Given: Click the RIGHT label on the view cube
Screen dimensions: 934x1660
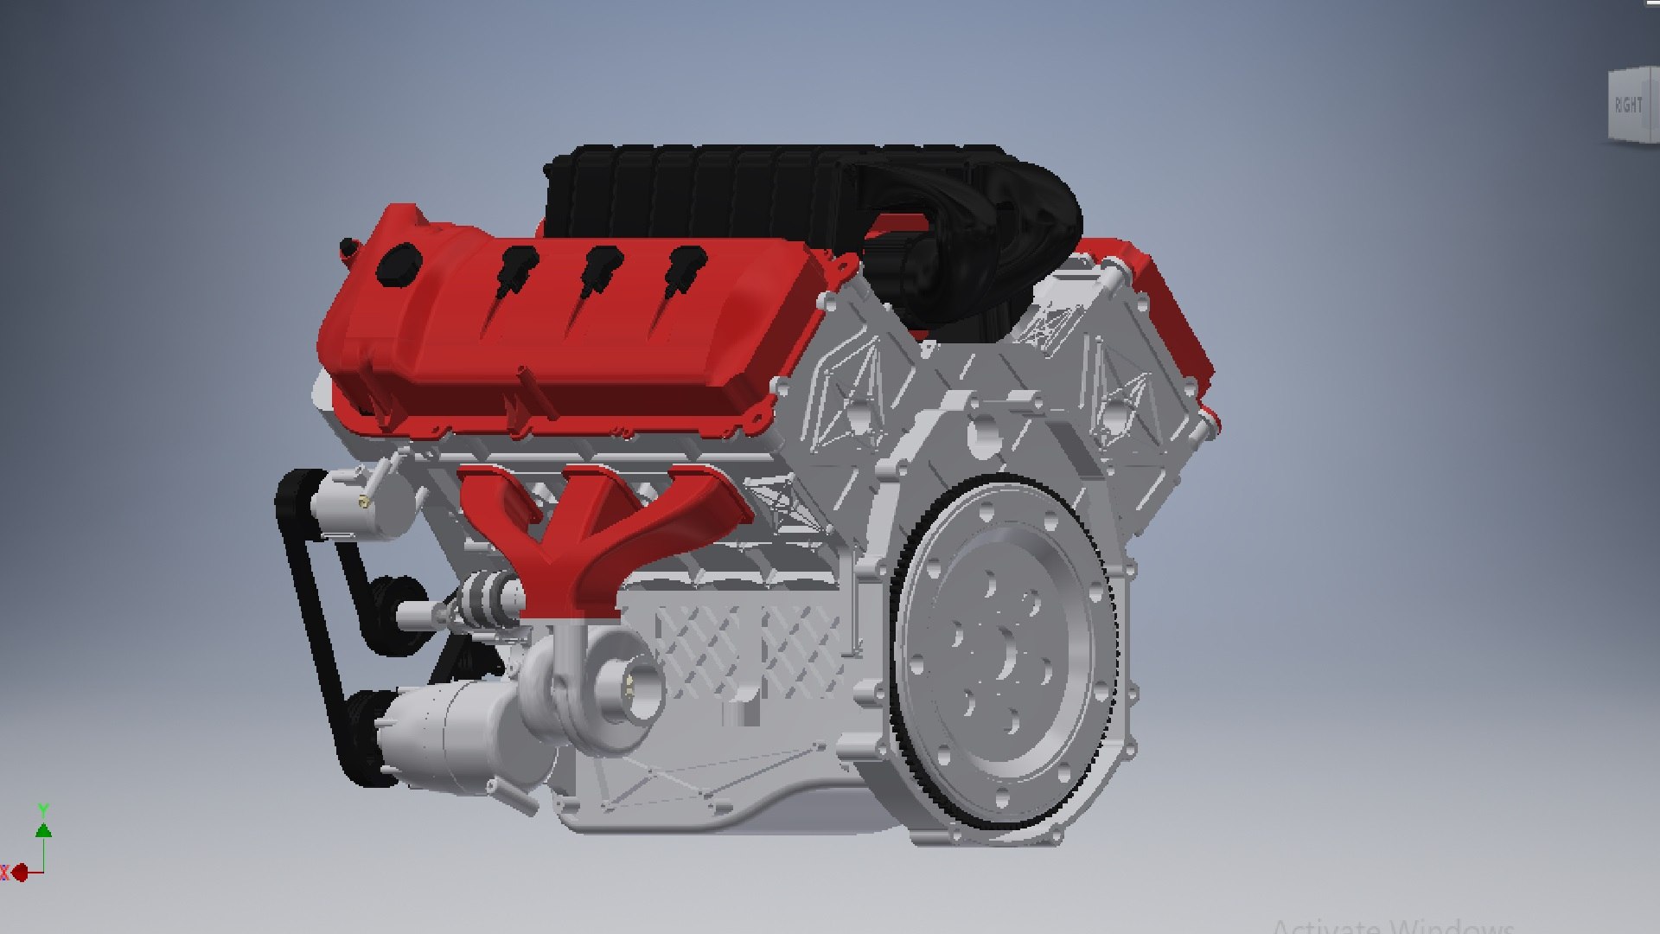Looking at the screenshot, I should (1628, 106).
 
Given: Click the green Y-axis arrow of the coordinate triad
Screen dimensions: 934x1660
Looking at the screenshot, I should (43, 829).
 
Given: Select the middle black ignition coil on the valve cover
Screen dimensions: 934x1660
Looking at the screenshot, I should (599, 263).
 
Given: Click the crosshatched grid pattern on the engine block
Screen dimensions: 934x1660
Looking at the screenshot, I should (744, 649).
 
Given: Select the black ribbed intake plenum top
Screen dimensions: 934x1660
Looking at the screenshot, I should (735, 186).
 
